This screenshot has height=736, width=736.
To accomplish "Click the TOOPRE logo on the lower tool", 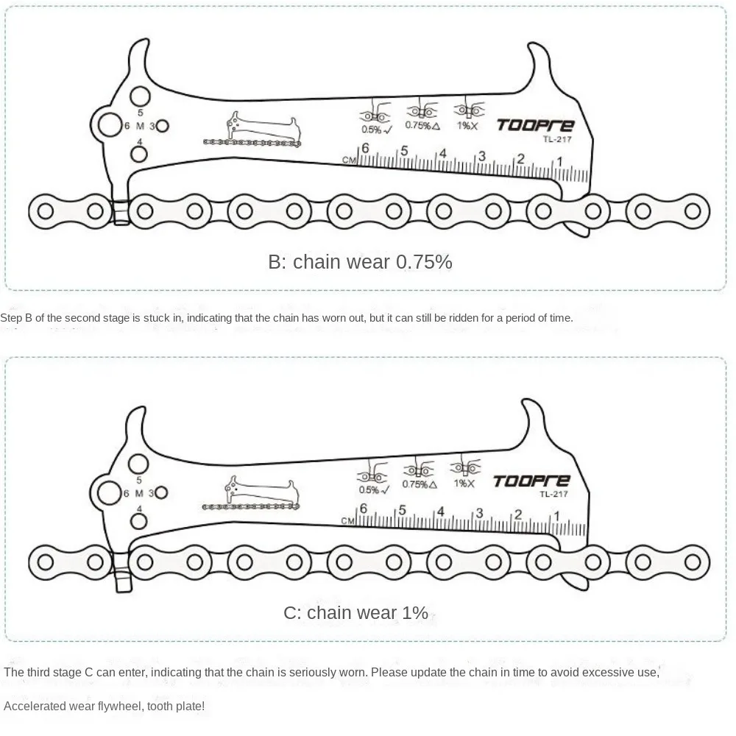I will pyautogui.click(x=531, y=481).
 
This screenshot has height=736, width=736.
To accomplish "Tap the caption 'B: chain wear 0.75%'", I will pyautogui.click(x=360, y=261).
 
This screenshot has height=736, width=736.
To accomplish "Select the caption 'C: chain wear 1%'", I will pyautogui.click(x=355, y=612).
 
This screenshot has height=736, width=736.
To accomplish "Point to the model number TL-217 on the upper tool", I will pyautogui.click(x=558, y=140).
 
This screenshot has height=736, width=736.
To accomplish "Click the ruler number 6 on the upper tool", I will pyautogui.click(x=365, y=148).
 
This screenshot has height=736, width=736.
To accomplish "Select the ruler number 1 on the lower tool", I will pyautogui.click(x=557, y=516).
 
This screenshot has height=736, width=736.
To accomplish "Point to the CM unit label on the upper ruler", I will pyautogui.click(x=349, y=159).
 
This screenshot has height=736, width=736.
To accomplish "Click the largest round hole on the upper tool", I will pyautogui.click(x=110, y=124).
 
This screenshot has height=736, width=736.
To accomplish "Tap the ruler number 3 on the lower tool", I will pyautogui.click(x=479, y=513).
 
